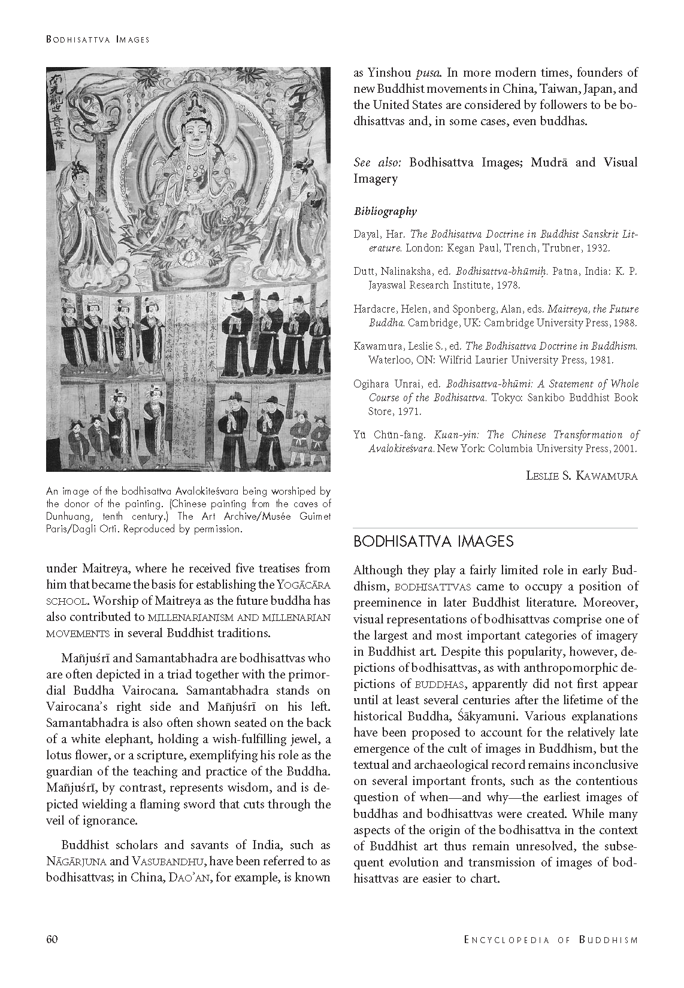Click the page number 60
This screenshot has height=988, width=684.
click(x=52, y=939)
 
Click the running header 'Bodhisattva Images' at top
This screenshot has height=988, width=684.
click(x=97, y=40)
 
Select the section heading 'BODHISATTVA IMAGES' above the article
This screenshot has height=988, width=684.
click(x=433, y=541)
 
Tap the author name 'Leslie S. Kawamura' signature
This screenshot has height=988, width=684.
click(x=582, y=476)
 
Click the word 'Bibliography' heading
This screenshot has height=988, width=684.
click(x=385, y=211)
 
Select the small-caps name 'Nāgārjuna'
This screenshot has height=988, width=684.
click(x=77, y=862)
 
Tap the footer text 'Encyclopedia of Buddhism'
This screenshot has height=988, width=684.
click(x=550, y=939)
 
